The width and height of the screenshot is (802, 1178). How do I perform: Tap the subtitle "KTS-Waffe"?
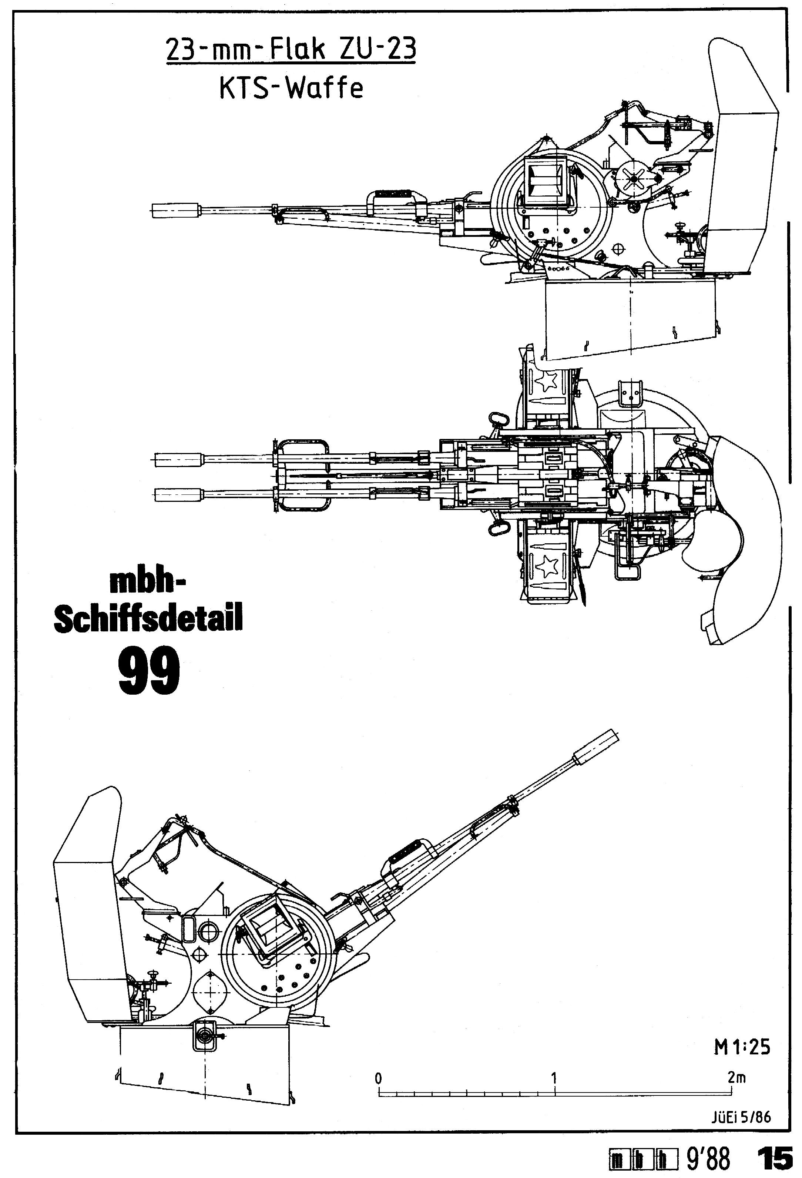coord(291,89)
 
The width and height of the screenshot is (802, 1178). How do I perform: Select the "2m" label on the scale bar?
coord(736,1078)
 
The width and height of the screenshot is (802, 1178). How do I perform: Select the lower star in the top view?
coord(547,567)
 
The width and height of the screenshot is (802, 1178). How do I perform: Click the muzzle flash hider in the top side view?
coord(175,210)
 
